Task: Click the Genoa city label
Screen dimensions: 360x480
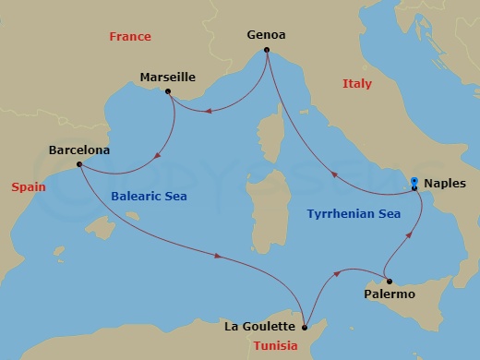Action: point(266,35)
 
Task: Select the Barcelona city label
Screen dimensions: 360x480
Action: point(79,150)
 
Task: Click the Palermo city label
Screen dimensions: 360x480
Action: point(390,294)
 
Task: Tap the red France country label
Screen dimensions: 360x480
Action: point(129,37)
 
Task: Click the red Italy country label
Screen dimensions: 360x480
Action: point(356,84)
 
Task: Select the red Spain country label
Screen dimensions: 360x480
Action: point(29,186)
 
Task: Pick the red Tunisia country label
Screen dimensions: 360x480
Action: point(276,346)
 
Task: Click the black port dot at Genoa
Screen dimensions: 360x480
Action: point(266,51)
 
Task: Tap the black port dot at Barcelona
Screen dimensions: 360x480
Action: point(79,164)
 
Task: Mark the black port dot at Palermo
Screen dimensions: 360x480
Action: point(389,281)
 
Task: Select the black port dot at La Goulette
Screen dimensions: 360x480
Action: point(305,325)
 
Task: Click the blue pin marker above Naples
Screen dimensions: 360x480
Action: point(414,181)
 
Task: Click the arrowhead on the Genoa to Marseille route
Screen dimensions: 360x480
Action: point(210,113)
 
